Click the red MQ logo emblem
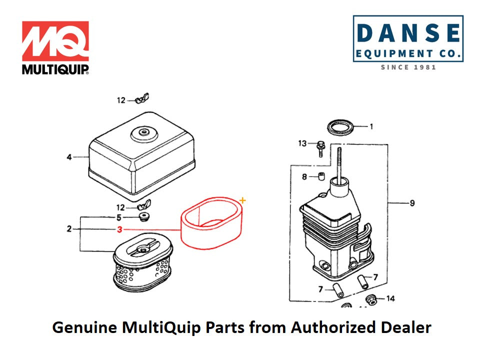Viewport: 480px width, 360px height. (55, 41)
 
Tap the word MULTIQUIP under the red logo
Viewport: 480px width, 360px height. (55, 69)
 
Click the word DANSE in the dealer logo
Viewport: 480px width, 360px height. (408, 33)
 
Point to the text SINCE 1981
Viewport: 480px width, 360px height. (408, 67)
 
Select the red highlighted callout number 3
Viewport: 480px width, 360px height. (119, 229)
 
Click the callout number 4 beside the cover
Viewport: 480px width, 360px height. (69, 157)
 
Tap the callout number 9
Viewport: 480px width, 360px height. (412, 203)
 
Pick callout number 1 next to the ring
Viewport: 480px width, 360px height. (371, 126)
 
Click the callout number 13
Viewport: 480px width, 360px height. (302, 143)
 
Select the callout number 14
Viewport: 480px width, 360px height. (390, 298)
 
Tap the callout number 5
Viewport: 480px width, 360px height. (119, 217)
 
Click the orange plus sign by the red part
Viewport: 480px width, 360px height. (243, 200)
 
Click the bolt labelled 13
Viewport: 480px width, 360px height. (320, 148)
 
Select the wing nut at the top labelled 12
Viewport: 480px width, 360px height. (144, 98)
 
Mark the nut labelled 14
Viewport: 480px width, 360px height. (371, 299)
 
